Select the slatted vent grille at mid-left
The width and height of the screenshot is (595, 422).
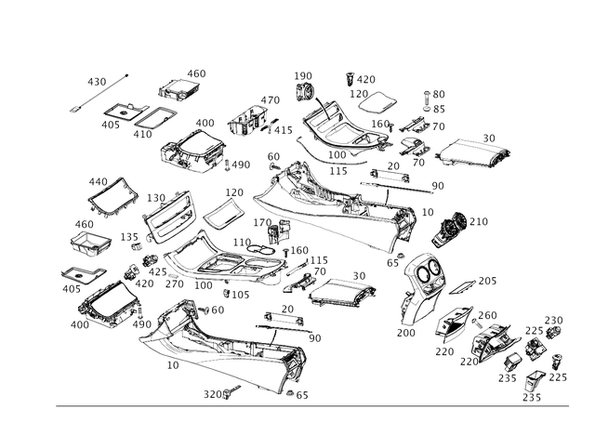[x=166, y=215]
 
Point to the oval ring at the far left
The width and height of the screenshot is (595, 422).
[x=77, y=277]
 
